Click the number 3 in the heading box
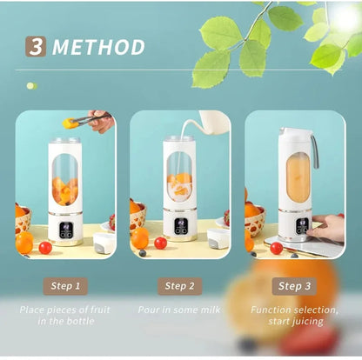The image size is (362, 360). (37, 47)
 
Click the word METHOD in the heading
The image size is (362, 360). (98, 47)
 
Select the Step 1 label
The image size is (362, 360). (65, 285)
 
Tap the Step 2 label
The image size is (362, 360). (179, 285)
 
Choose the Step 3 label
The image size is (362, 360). (294, 285)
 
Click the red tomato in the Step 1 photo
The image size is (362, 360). (45, 247)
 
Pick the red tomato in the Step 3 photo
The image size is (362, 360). (276, 248)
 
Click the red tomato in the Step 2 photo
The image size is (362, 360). (160, 243)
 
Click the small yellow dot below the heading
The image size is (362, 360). (31, 86)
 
